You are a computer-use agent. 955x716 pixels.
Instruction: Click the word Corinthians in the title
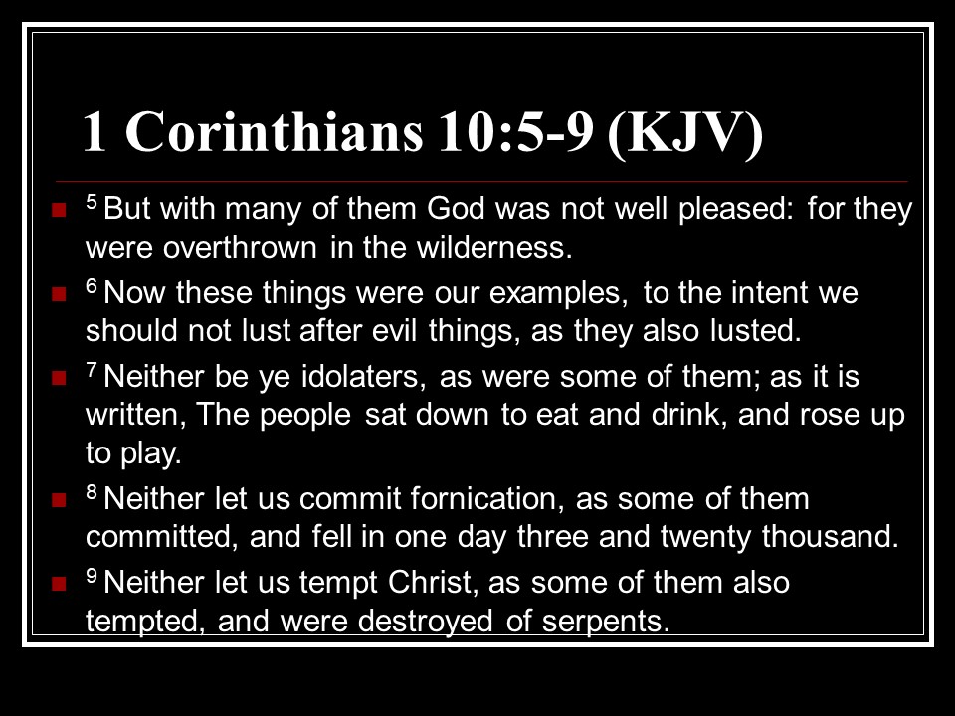pos(274,131)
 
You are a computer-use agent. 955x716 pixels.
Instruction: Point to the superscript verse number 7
pos(92,368)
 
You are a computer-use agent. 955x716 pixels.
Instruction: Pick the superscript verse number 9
pos(92,574)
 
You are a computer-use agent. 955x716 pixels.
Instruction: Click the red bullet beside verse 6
pos(59,294)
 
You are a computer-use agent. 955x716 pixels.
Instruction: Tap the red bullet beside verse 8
pos(59,500)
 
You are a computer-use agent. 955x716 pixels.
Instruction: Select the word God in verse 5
pos(456,208)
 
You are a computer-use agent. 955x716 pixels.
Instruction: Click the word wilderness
pos(494,247)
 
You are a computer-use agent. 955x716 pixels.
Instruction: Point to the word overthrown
pos(240,248)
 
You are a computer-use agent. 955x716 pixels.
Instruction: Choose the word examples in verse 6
pos(558,293)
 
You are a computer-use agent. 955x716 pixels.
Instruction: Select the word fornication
pos(484,498)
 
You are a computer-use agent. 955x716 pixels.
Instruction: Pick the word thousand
pos(830,536)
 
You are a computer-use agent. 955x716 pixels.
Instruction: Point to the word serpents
pos(606,622)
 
